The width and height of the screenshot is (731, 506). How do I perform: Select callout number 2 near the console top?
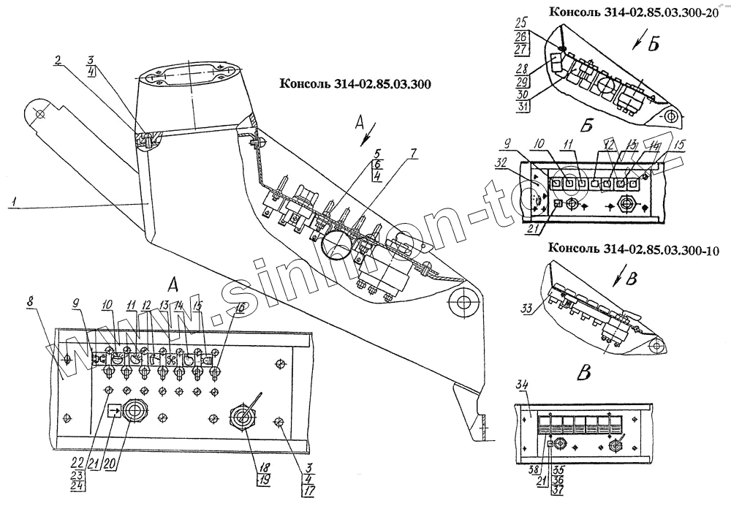tap(57, 62)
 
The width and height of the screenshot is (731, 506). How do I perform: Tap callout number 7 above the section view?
tap(414, 154)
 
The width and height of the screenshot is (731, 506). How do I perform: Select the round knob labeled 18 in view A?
tap(243, 419)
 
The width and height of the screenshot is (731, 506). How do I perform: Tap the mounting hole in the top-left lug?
tap(39, 115)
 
